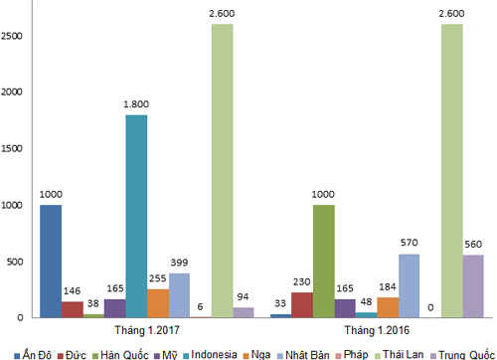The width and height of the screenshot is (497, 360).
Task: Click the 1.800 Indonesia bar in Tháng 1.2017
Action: click(x=136, y=216)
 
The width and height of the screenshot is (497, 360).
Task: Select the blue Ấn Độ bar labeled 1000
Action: click(x=51, y=262)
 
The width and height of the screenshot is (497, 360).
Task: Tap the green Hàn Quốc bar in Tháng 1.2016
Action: click(x=324, y=262)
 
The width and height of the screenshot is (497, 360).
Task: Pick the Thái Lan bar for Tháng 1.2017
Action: click(x=223, y=171)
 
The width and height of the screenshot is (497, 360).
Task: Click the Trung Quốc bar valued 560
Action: click(x=473, y=286)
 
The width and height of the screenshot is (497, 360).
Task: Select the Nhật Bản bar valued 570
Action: click(x=409, y=285)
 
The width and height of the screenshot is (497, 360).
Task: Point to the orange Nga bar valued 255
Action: click(x=158, y=303)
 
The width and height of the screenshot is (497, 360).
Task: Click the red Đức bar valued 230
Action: click(x=302, y=305)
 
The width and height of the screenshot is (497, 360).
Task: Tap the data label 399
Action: click(x=179, y=263)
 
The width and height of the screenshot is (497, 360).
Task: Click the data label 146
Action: click(x=72, y=291)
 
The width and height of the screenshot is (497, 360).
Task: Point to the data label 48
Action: click(x=366, y=301)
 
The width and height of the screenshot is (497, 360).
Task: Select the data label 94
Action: click(x=243, y=296)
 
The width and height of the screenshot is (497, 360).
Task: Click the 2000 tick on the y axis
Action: click(x=12, y=91)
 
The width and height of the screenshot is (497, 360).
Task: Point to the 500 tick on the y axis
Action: click(x=15, y=262)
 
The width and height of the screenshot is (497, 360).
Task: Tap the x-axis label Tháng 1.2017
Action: click(x=147, y=330)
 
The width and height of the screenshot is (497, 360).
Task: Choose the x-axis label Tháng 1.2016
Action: click(x=377, y=330)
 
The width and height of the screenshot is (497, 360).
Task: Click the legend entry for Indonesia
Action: click(x=210, y=355)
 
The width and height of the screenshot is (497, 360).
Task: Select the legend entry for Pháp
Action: click(x=352, y=355)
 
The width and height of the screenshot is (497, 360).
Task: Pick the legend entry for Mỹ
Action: click(x=166, y=355)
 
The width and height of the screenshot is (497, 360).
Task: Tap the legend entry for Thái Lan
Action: click(x=400, y=355)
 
